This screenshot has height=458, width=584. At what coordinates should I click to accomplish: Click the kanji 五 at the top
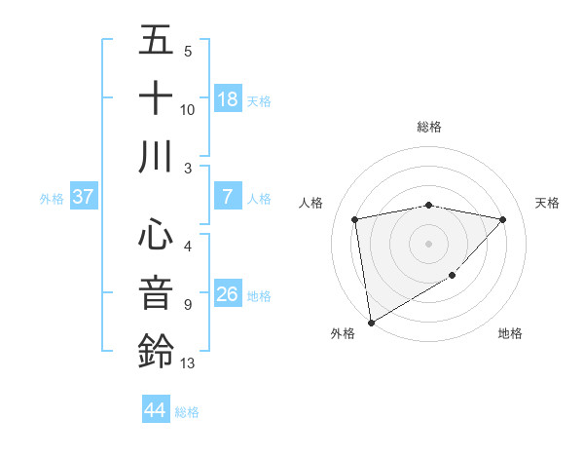156,42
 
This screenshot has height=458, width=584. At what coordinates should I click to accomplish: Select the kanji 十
156,98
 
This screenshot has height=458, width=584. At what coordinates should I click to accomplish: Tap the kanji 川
156,156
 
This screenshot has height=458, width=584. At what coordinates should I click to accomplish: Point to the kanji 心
156,235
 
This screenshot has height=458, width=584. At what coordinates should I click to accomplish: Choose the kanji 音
156,292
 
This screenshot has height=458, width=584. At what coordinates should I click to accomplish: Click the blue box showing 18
228,99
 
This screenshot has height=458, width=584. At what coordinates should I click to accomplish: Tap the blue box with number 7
228,197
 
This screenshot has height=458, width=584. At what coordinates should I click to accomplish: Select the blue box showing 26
228,294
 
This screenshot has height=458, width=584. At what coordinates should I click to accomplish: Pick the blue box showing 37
84,197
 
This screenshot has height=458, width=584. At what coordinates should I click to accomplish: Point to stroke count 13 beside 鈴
188,363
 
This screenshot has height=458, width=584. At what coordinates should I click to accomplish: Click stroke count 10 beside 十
188,109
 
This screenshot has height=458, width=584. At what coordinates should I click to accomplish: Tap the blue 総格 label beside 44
187,412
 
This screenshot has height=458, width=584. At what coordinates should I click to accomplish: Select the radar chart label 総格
428,127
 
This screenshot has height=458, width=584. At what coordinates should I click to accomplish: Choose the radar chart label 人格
311,203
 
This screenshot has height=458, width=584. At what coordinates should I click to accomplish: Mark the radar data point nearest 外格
371,322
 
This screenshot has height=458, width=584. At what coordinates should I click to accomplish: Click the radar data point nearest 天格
503,219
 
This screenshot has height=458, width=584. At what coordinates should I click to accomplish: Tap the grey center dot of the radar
428,243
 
